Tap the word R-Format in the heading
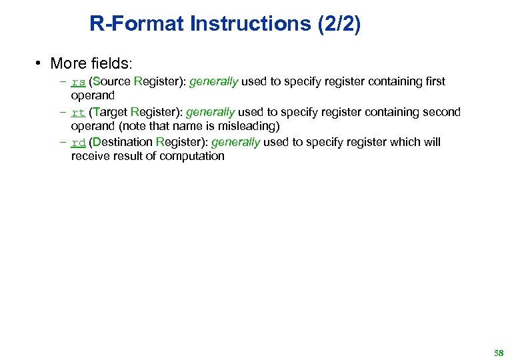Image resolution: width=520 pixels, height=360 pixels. click(137, 24)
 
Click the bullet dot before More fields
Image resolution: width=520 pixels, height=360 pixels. click(40, 64)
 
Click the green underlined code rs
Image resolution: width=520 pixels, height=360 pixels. click(78, 82)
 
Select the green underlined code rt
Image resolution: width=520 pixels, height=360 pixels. click(78, 112)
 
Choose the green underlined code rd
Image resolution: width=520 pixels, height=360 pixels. click(78, 142)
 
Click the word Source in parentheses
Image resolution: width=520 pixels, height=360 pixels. click(112, 82)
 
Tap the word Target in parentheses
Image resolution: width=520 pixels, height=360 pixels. click(110, 112)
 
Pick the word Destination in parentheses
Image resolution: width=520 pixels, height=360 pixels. click(123, 142)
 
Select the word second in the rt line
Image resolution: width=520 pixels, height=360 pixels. click(441, 112)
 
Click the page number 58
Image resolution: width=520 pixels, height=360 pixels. click(499, 353)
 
